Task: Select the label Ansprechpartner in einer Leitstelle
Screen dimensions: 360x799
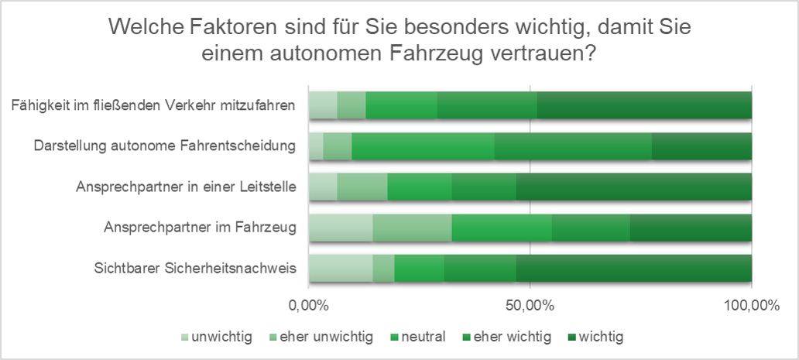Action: tap(187, 187)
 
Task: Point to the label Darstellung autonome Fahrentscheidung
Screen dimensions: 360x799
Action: tap(166, 146)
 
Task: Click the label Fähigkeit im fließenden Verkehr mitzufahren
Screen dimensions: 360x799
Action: tap(154, 105)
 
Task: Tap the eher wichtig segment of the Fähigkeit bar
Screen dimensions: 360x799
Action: tap(487, 105)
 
